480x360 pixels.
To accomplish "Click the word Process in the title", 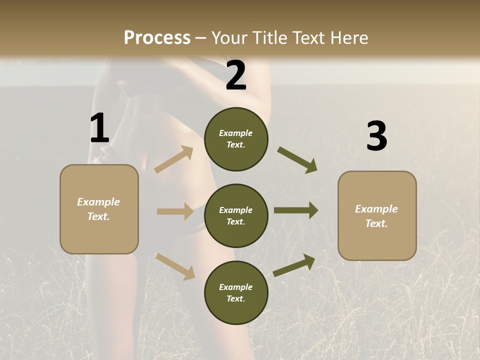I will pyautogui.click(x=157, y=37).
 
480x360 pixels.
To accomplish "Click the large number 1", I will pyautogui.click(x=99, y=128).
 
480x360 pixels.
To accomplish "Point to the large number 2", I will pyautogui.click(x=236, y=75).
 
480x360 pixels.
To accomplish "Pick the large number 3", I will pyautogui.click(x=376, y=136).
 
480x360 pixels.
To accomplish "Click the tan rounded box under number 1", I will pyautogui.click(x=99, y=209).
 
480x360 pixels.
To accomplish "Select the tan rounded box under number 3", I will pyautogui.click(x=377, y=215).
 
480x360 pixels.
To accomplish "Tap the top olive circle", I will pyautogui.click(x=236, y=139).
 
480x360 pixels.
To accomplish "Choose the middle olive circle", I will pyautogui.click(x=236, y=215).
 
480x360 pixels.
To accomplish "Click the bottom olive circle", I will pyautogui.click(x=236, y=292).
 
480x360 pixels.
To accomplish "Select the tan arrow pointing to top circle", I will pyautogui.click(x=174, y=159).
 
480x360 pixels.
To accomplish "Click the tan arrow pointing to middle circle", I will pyautogui.click(x=175, y=211).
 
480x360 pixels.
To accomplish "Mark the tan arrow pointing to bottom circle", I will pyautogui.click(x=175, y=266).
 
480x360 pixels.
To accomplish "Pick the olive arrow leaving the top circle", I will pyautogui.click(x=297, y=160).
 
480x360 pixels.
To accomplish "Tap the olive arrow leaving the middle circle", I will pyautogui.click(x=296, y=210).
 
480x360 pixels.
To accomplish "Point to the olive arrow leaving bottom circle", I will pyautogui.click(x=294, y=265).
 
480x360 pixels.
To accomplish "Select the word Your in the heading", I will pyautogui.click(x=228, y=37).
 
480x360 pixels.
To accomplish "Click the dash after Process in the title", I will pyautogui.click(x=201, y=38).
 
